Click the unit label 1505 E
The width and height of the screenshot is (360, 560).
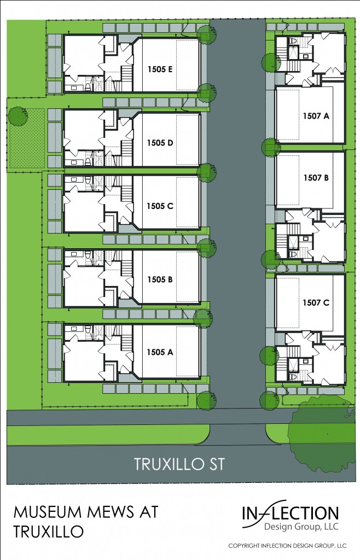tap(160, 69)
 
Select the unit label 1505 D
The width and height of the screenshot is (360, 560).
tap(160, 143)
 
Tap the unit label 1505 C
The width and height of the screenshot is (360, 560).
tap(160, 206)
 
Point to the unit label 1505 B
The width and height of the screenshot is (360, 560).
tap(160, 279)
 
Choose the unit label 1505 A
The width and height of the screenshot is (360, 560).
tap(160, 352)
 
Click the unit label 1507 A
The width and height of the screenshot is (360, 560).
tap(316, 116)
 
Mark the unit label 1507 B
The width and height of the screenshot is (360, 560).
tap(316, 178)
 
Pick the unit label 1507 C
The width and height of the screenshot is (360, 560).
tap(316, 303)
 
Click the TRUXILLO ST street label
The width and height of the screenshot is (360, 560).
tap(179, 464)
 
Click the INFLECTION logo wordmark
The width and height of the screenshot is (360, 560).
tap(291, 513)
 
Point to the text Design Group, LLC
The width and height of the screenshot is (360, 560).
tap(301, 527)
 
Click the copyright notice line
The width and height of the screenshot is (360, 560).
tap(287, 546)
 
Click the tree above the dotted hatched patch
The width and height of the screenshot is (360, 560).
tap(18, 116)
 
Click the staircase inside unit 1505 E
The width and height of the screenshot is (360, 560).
tap(126, 78)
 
